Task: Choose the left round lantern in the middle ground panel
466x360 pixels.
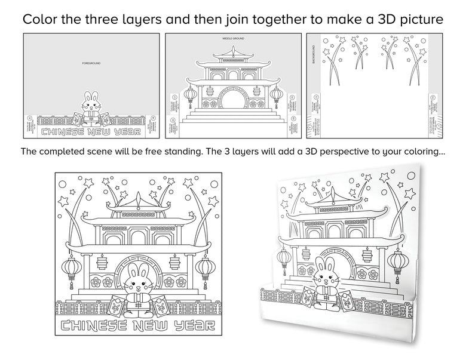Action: (x=190, y=96)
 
